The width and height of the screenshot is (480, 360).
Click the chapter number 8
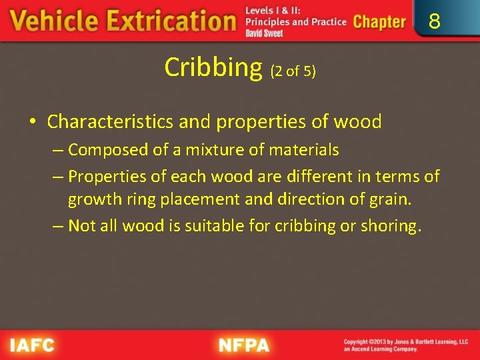coord(435,22)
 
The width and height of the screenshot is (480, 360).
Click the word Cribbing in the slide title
coord(213,67)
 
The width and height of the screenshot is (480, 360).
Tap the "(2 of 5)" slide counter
coord(292,71)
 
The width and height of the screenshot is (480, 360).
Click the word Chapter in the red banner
coord(379,21)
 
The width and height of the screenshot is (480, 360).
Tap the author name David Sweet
coord(264,33)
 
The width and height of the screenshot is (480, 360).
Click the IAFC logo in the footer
coord(32,345)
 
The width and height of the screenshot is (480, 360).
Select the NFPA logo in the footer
coord(244,345)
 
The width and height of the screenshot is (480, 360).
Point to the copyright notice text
coord(405,345)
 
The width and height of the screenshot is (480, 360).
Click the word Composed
coord(110,150)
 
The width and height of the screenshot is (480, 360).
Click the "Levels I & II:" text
coord(273,11)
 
